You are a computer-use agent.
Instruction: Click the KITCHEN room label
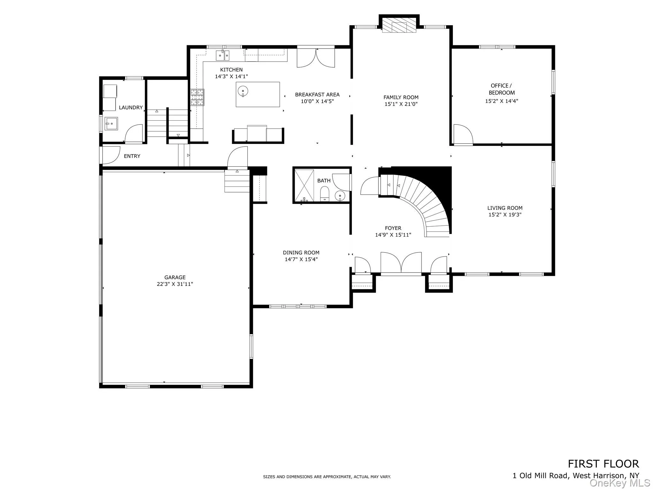(231, 70)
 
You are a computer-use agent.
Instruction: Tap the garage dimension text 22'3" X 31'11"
(175, 284)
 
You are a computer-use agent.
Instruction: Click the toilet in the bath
(324, 194)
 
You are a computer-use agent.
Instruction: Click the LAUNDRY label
(131, 108)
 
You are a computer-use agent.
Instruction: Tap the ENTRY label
(132, 156)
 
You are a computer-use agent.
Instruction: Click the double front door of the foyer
(401, 263)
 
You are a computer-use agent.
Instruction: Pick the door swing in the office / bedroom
(463, 134)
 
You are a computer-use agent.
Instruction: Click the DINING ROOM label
(301, 253)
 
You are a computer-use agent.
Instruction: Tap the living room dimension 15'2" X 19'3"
(505, 215)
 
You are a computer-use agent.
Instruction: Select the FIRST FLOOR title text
(603, 464)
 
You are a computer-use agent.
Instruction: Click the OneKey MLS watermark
(620, 483)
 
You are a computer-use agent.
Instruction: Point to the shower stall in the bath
(304, 185)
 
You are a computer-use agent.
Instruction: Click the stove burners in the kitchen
(197, 97)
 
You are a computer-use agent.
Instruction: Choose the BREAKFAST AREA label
(317, 94)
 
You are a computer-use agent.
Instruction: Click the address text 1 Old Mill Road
(540, 475)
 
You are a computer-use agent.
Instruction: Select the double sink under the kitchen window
(223, 55)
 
